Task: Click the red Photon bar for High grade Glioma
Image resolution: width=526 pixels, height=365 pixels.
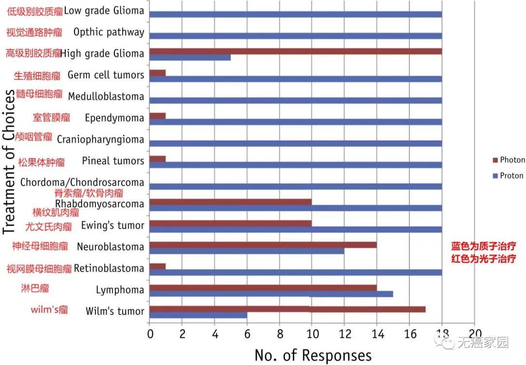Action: coord(296,51)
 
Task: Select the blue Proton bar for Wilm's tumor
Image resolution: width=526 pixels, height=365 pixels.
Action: coord(198,315)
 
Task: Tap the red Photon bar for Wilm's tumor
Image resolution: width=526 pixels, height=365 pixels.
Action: coord(287,309)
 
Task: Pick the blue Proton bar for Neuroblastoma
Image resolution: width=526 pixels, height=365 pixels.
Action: coord(247,250)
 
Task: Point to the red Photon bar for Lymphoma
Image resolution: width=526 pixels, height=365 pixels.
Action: coord(263,288)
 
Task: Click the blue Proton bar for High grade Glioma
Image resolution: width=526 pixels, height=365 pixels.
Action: coord(190,58)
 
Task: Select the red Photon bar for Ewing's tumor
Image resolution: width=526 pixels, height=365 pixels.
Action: coord(230,223)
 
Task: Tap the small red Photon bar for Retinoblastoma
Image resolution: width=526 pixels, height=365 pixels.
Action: coord(158,266)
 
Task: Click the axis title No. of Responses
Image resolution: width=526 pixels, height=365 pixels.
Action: coord(313,355)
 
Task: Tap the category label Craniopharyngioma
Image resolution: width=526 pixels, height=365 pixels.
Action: coord(100,139)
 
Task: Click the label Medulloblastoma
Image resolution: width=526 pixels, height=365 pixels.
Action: coord(106,96)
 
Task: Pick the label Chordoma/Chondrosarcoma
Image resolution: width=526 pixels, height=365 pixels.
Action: coord(82,182)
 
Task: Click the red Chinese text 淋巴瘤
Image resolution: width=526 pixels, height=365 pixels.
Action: coord(35,288)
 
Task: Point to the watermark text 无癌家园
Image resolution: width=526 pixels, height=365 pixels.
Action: coord(482,343)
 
